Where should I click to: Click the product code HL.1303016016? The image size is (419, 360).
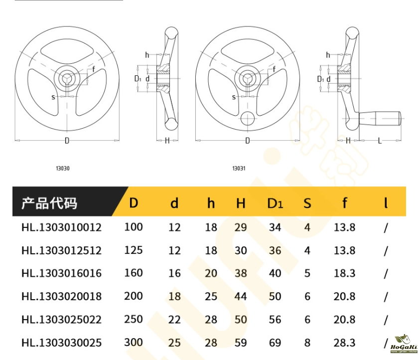pos(61,273)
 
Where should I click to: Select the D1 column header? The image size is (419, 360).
pos(275,203)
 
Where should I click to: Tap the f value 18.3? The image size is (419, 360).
pos(344,273)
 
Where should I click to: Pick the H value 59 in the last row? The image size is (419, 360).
pos(241,343)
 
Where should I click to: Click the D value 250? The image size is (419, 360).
pos(134,319)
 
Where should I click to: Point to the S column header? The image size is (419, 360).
pos(307,203)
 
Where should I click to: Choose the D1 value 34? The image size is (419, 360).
pos(275,227)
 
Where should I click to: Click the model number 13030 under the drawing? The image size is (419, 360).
pos(63,168)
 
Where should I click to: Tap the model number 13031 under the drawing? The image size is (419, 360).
pos(239,168)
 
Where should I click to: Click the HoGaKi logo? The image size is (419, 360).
pos(404,344)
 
